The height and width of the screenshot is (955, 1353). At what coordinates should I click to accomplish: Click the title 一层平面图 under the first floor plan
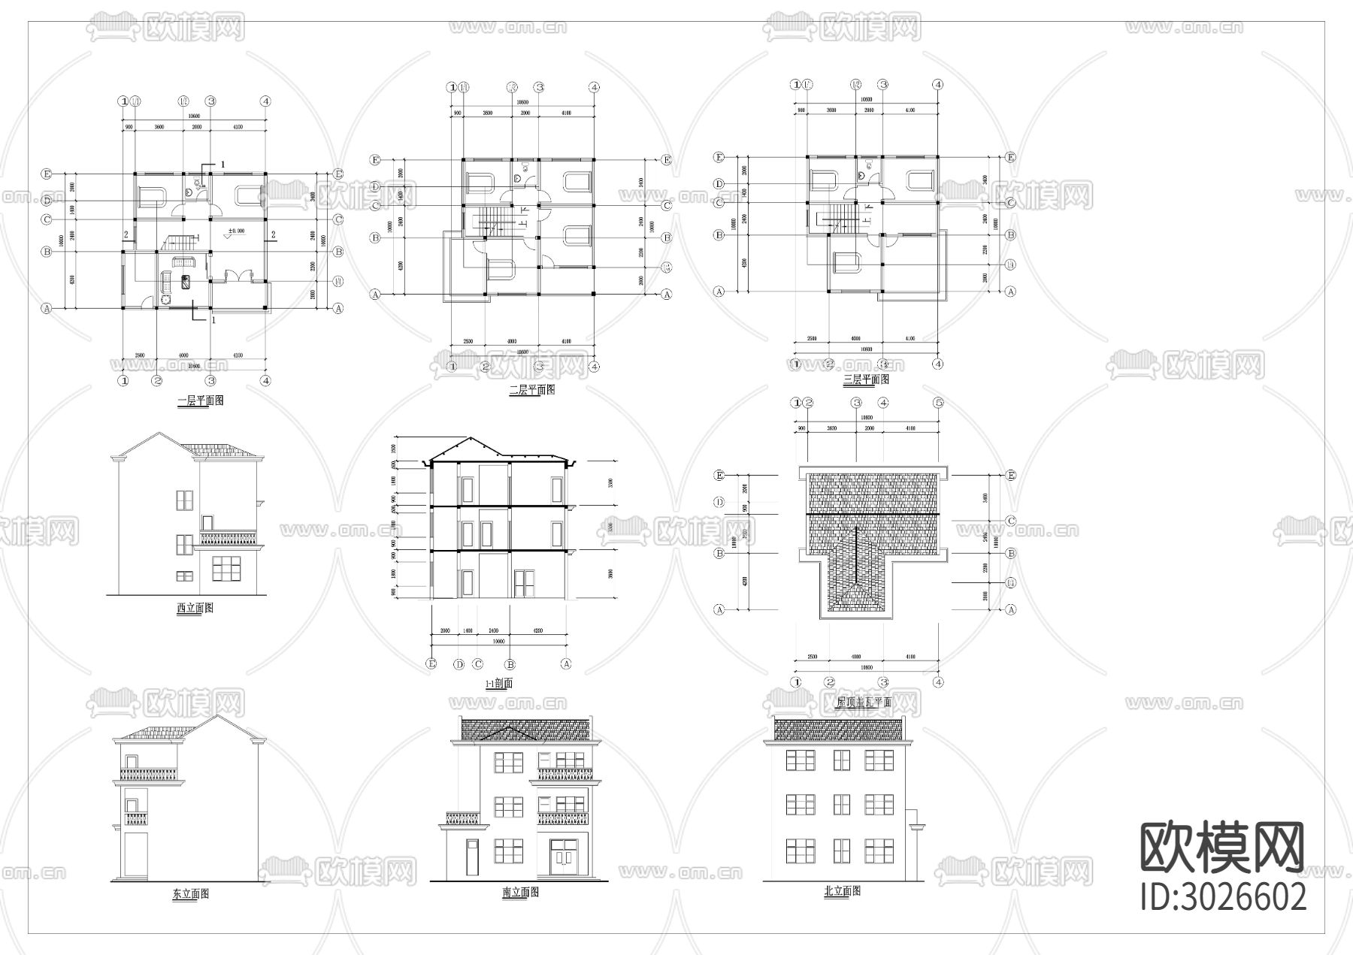point(201,401)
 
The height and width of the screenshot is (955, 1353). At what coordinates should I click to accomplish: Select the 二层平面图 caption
point(531,390)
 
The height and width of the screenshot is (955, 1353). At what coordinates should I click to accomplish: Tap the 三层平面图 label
point(866,381)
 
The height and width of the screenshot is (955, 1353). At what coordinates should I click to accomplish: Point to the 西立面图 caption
point(195,608)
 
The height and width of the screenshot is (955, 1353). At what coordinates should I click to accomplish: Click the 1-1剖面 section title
point(499,684)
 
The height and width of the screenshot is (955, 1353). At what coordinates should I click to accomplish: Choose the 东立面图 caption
point(190,894)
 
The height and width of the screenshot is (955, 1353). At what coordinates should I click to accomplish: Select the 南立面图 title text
point(520,893)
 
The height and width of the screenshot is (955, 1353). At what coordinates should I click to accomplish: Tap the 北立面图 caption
point(843,891)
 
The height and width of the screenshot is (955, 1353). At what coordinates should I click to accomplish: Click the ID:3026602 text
point(1224,897)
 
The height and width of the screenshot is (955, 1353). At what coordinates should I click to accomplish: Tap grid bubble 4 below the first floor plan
point(265,381)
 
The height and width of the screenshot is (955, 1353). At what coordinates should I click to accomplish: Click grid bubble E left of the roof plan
point(719,476)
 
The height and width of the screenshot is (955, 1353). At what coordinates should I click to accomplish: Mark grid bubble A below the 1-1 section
point(567,664)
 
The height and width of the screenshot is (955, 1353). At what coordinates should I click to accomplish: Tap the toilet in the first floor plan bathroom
point(197,183)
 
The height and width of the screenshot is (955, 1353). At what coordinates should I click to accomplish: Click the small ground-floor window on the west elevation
point(184,576)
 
